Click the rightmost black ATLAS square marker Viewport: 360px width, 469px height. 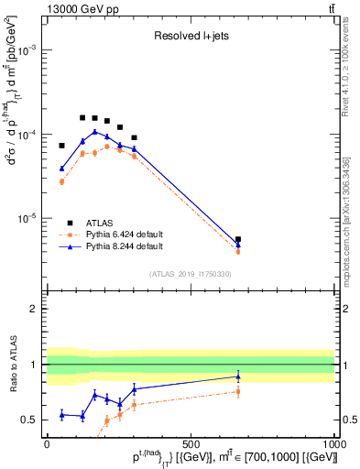(x=238, y=239)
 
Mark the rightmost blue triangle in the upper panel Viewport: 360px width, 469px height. (x=238, y=245)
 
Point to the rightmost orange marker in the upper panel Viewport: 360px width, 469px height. (x=238, y=251)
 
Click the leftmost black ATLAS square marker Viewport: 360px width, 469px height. (x=62, y=146)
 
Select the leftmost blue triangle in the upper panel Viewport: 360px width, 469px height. (x=62, y=169)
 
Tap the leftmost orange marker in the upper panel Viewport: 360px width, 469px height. (x=62, y=181)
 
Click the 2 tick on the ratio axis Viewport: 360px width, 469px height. (x=37, y=309)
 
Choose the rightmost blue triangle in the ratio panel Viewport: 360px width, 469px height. (x=238, y=376)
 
